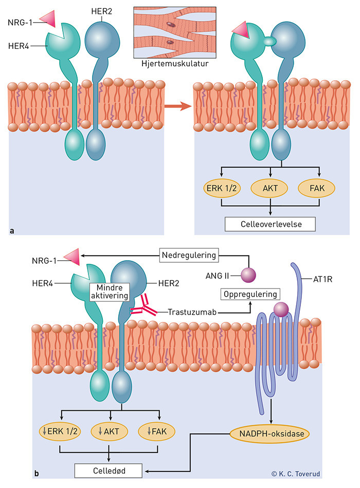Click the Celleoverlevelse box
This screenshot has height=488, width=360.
[x=270, y=225]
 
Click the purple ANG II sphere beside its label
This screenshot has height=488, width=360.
[x=248, y=275]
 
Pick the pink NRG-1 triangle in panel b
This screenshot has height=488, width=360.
[x=70, y=256]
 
